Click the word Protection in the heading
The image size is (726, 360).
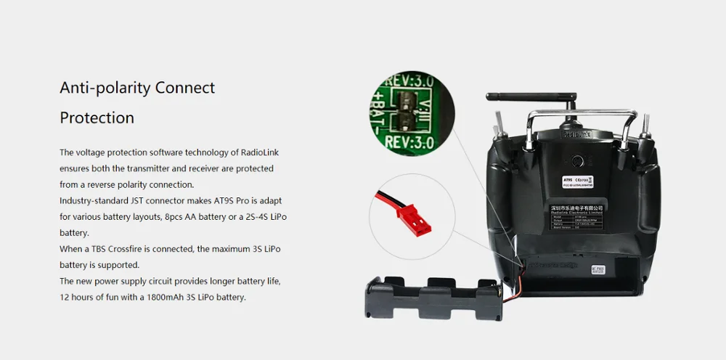[x=97, y=118]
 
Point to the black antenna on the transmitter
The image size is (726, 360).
[x=531, y=97]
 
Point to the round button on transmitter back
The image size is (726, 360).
[x=578, y=161]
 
